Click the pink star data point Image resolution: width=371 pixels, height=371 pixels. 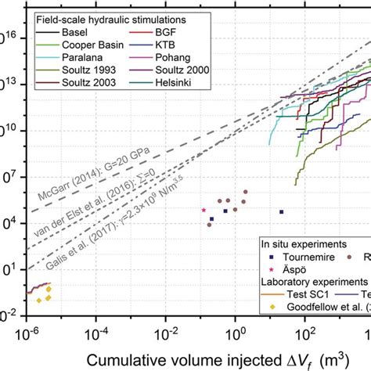[x=204, y=210]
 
